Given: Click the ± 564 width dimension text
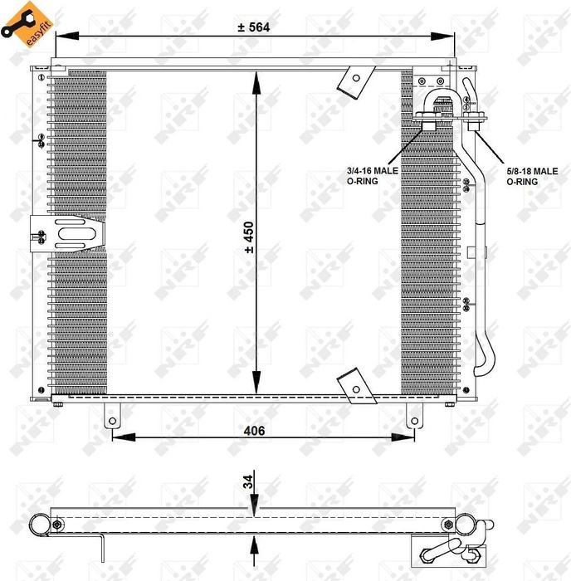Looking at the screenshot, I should tap(254, 27).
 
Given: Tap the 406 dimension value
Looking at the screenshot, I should tap(254, 430).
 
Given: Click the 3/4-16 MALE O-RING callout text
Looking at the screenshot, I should tap(373, 175).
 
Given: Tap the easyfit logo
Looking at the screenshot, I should tap(26, 22).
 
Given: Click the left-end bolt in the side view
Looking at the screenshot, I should tap(56, 524).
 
